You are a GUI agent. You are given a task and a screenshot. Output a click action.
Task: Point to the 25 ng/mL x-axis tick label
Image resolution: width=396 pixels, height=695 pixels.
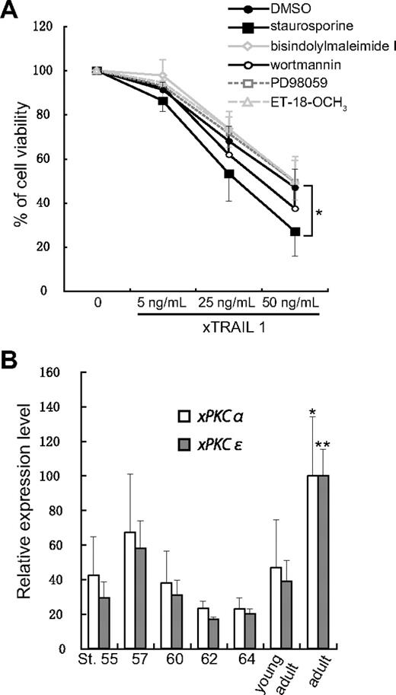(227, 303)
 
